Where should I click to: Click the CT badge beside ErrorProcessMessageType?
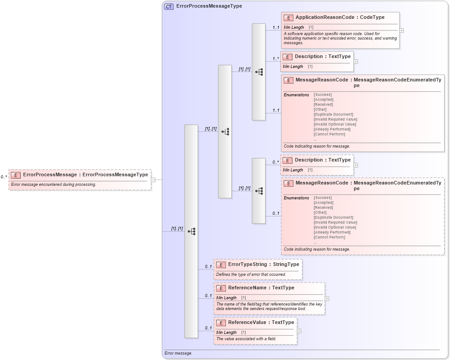pyautogui.click(x=169, y=6)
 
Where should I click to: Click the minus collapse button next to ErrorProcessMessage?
pyautogui.click(x=153, y=180)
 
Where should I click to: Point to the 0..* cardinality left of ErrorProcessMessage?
pyautogui.click(x=4, y=177)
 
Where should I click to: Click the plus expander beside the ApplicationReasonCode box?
pyautogui.click(x=401, y=31)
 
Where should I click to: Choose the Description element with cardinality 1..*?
pyautogui.click(x=322, y=57)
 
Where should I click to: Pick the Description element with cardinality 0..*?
pyautogui.click(x=322, y=160)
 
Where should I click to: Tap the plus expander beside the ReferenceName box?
pyautogui.click(x=327, y=298)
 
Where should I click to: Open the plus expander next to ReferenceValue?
pyautogui.click(x=299, y=331)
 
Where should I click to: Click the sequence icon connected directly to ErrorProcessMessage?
pyautogui.click(x=191, y=231)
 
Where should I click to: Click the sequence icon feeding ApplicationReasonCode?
pyautogui.click(x=259, y=72)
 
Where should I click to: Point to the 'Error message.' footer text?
pyautogui.click(x=179, y=353)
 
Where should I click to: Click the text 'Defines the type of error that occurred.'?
pyautogui.click(x=251, y=274)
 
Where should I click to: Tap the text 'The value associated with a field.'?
pyautogui.click(x=246, y=339)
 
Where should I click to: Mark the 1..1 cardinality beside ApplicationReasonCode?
pyautogui.click(x=275, y=27)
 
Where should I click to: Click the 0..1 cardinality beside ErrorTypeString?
pyautogui.click(x=208, y=266)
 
